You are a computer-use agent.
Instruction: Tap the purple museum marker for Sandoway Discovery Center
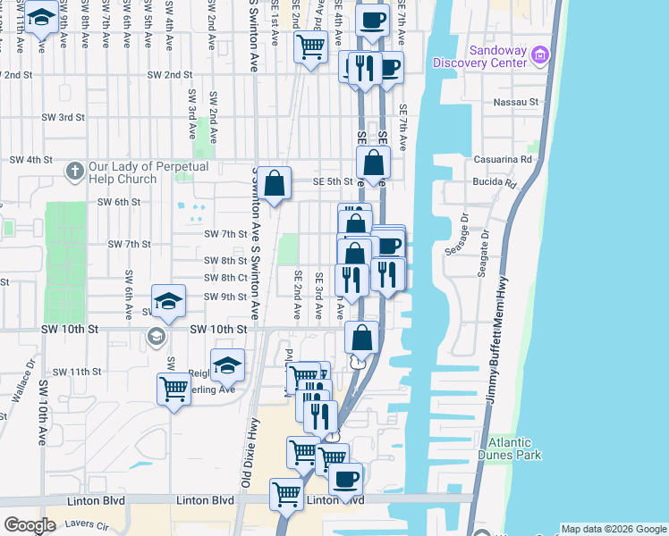tap(539, 56)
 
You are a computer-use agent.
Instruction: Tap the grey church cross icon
tap(76, 170)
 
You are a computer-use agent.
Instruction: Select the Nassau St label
tap(516, 103)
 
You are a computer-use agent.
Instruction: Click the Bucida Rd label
tap(495, 184)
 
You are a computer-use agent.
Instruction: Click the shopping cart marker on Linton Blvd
tap(286, 492)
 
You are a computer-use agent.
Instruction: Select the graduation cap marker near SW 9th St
tap(168, 301)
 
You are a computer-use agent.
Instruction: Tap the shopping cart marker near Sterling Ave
tap(174, 389)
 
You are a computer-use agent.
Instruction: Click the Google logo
tap(30, 525)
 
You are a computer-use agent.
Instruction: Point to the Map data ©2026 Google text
tap(614, 529)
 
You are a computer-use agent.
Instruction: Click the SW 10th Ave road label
tap(42, 414)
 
